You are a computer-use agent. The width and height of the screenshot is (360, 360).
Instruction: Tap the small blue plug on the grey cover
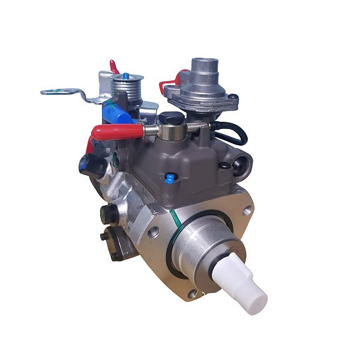(x=168, y=176)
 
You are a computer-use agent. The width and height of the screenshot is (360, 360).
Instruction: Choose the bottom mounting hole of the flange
(x=191, y=294)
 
